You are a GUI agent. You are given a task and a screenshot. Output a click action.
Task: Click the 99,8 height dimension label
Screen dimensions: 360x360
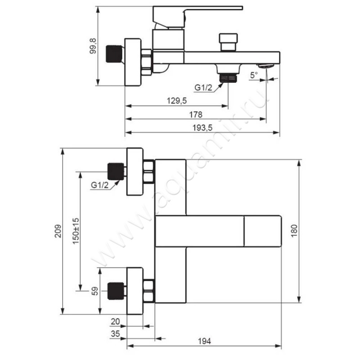tap(93, 46)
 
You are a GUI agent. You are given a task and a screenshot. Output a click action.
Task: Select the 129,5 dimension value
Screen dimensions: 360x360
tap(176, 100)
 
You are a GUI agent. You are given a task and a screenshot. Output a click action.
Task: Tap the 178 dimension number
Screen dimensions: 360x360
tap(195, 114)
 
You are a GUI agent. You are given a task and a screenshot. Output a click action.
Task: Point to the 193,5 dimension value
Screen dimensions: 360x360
tap(202, 128)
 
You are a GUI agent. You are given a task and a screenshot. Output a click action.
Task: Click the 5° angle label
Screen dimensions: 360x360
tap(254, 75)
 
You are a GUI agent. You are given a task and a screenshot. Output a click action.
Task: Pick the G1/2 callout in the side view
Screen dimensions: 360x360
tap(203, 87)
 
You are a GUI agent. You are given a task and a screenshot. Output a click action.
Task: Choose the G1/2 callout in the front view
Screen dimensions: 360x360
tap(99, 185)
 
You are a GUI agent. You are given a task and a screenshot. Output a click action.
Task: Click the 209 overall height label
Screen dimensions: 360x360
tap(58, 231)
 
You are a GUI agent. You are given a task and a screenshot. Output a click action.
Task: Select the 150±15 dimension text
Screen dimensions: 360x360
tap(76, 231)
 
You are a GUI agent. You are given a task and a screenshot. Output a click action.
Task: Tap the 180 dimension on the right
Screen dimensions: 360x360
tap(294, 231)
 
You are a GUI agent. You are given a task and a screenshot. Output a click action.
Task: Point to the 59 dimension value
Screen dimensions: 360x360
tap(94, 291)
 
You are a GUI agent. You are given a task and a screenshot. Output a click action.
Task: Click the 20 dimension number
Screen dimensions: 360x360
tap(115, 322)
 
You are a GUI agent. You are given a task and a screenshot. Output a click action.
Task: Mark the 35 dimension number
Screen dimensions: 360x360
tap(115, 333)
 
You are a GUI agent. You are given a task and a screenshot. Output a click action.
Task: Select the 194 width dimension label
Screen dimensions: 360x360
tap(204, 341)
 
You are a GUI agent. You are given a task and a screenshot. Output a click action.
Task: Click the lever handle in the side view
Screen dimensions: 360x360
tap(198, 17)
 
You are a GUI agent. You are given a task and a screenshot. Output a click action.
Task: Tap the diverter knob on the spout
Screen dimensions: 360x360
tap(228, 42)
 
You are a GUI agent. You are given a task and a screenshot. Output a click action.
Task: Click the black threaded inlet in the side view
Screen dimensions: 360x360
tap(115, 54)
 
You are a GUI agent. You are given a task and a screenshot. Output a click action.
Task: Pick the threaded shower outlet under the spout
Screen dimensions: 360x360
tap(228, 77)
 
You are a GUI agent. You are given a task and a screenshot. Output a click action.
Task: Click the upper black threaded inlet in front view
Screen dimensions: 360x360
tap(116, 171)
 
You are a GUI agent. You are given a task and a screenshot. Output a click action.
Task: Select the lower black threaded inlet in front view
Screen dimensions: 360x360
tap(116, 291)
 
